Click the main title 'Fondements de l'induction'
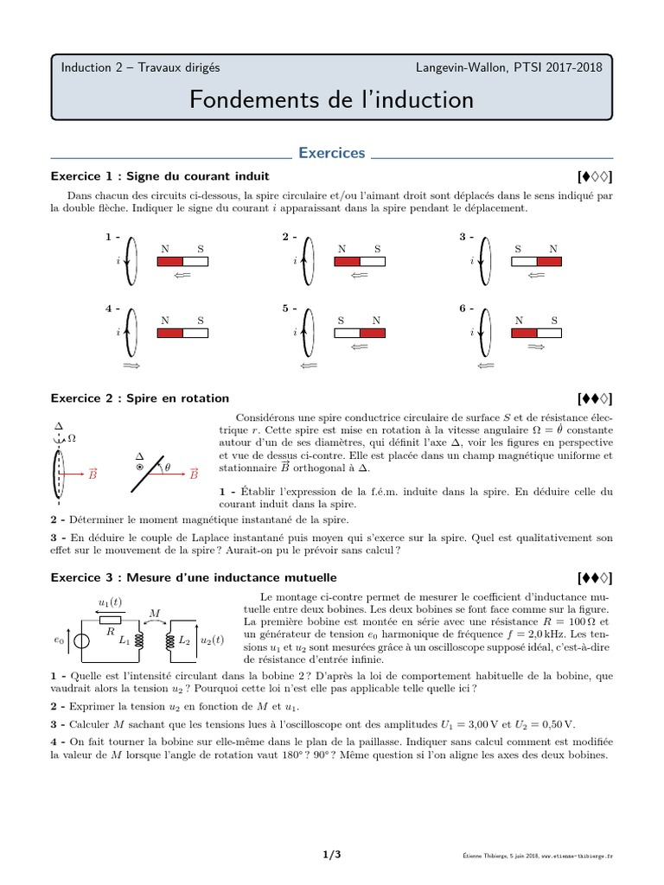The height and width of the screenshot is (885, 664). pos(332,99)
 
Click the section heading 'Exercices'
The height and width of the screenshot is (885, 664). pos(332,153)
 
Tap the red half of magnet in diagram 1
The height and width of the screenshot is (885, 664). pos(169,261)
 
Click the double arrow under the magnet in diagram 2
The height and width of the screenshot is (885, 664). pos(358,277)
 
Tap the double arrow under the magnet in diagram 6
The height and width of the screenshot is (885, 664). pos(535,347)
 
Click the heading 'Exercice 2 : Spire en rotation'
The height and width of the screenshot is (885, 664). pos(140,398)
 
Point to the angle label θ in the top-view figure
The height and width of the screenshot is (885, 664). pos(168,468)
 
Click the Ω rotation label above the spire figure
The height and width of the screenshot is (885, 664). pos(72,438)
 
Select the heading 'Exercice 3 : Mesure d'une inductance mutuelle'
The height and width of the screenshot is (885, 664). pos(194,576)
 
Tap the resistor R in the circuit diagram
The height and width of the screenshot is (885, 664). pos(110,620)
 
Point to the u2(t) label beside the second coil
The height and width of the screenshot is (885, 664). pos(213,640)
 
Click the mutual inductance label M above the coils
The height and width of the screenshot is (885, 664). pos(156,614)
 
